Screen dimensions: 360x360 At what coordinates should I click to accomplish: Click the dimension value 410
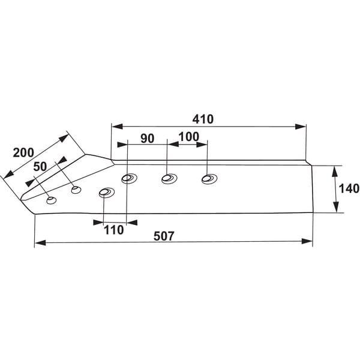click(203, 119)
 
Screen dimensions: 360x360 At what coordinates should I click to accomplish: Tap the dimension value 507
click(164, 236)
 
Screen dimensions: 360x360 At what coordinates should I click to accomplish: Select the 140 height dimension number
click(349, 188)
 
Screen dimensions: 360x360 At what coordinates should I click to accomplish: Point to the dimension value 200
click(23, 152)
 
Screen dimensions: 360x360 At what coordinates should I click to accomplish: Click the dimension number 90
click(148, 139)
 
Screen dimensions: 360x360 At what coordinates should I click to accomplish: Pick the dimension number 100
click(189, 137)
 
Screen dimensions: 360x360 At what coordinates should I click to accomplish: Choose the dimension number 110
click(114, 230)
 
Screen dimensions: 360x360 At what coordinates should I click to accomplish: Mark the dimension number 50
click(40, 167)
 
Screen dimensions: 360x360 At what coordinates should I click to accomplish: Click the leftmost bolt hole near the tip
click(52, 200)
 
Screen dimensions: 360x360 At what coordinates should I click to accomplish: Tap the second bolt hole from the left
click(76, 190)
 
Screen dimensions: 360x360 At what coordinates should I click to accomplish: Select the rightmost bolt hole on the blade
click(209, 179)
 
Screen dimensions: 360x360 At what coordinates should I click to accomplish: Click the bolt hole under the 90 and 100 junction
click(169, 178)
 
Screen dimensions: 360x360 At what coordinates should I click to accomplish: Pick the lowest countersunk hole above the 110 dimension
click(107, 193)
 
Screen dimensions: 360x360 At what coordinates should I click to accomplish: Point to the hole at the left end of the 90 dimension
click(129, 178)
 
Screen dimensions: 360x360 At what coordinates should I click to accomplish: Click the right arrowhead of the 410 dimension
click(301, 127)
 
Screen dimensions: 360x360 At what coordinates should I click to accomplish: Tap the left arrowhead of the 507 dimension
click(40, 242)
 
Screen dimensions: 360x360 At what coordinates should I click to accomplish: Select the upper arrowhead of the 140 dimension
click(335, 171)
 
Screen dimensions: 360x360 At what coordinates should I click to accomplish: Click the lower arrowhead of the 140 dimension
click(336, 207)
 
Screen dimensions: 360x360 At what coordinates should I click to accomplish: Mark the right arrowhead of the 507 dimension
click(307, 241)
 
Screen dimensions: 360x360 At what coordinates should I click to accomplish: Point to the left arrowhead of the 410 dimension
click(117, 126)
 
